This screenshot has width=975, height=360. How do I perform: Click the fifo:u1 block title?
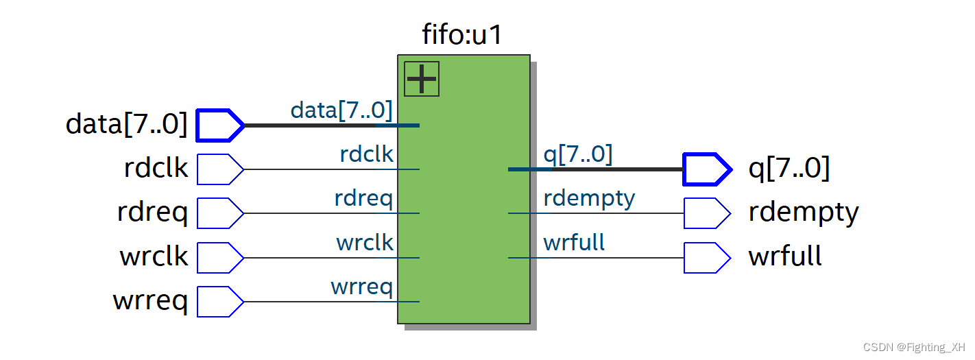(462, 34)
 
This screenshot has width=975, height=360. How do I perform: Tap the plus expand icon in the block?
(422, 79)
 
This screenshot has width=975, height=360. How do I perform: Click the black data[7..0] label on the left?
(126, 124)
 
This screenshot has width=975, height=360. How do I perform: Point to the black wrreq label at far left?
(150, 301)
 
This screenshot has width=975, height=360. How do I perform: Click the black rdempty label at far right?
(803, 213)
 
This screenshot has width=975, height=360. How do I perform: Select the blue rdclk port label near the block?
(366, 154)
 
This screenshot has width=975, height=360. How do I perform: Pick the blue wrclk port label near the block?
(365, 243)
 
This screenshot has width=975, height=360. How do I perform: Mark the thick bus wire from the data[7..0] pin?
(309, 125)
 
